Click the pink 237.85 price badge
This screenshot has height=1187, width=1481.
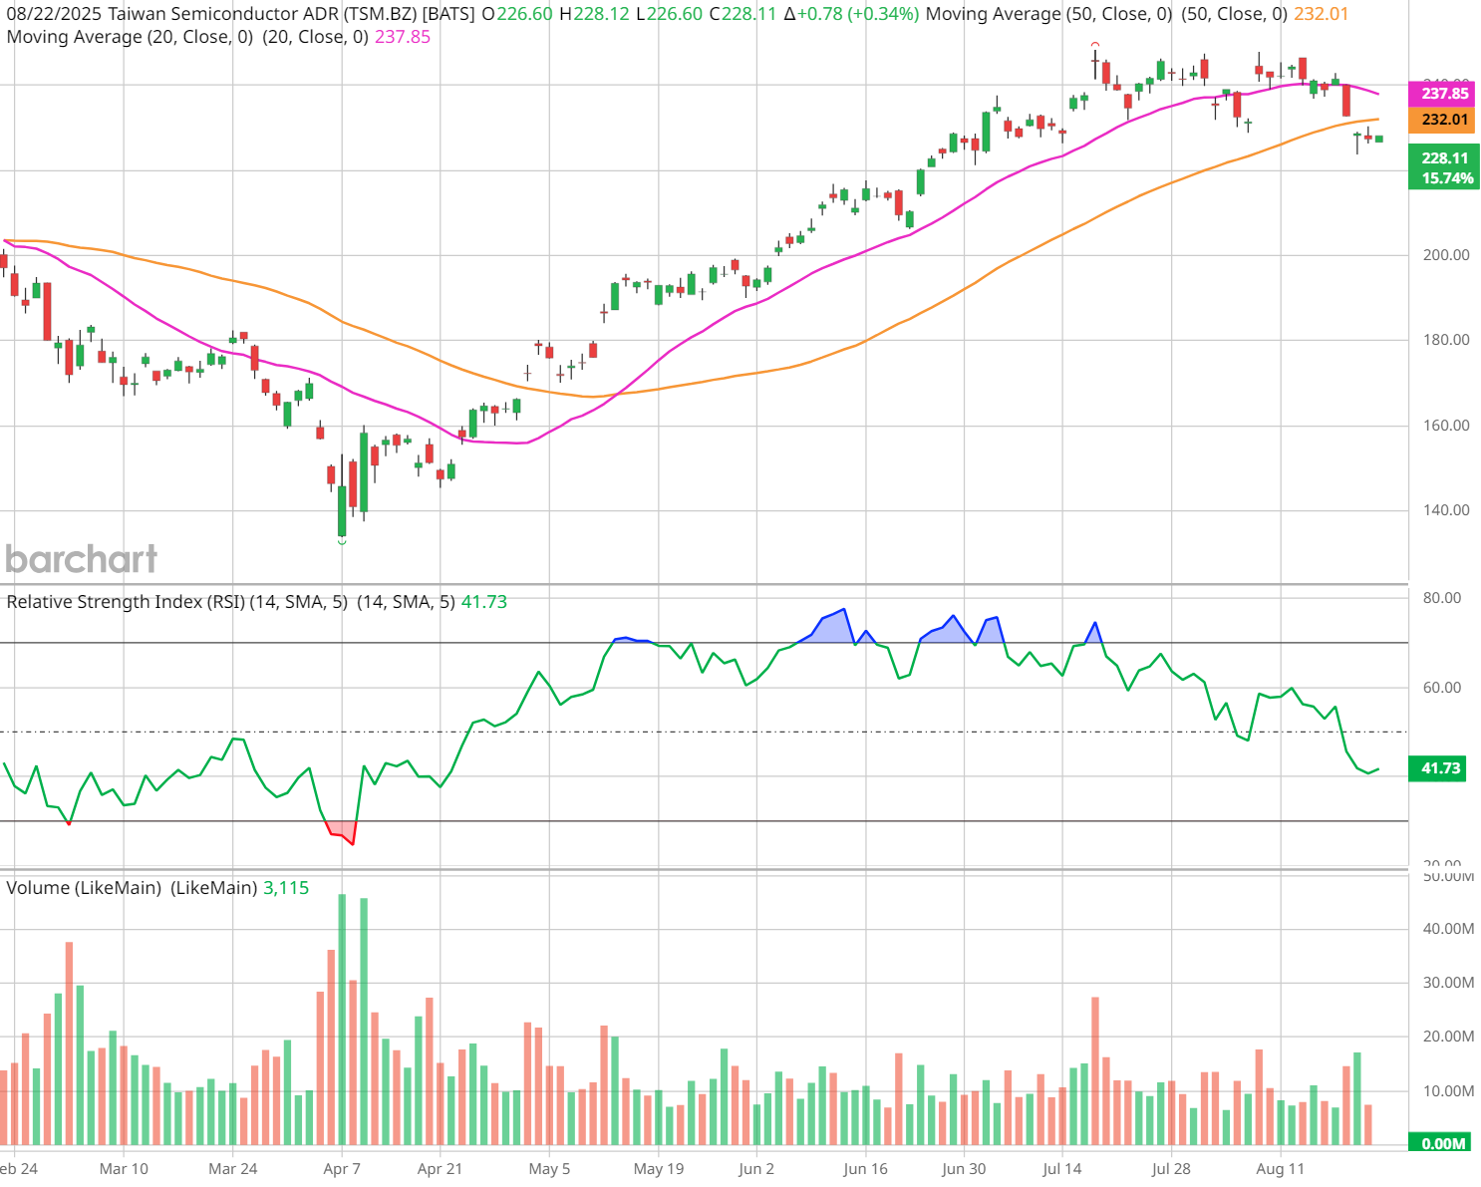[1444, 94]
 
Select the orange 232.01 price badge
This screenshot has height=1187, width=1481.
[1444, 120]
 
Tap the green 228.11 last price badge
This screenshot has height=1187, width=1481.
[1444, 157]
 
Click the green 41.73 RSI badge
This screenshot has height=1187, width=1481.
[1440, 768]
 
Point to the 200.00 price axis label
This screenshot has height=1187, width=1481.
[1445, 255]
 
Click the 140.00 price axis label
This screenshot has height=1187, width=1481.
[1445, 510]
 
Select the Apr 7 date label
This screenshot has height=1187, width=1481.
[342, 1168]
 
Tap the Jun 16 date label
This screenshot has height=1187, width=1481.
[865, 1168]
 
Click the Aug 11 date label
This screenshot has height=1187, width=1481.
[1280, 1168]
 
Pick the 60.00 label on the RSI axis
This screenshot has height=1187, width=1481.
[1442, 688]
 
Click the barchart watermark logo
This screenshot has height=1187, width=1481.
[82, 559]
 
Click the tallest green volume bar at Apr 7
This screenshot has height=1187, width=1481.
[342, 1017]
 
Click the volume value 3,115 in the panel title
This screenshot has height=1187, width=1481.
[286, 888]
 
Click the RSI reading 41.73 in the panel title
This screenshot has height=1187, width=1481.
[483, 602]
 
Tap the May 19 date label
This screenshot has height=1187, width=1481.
[659, 1168]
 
